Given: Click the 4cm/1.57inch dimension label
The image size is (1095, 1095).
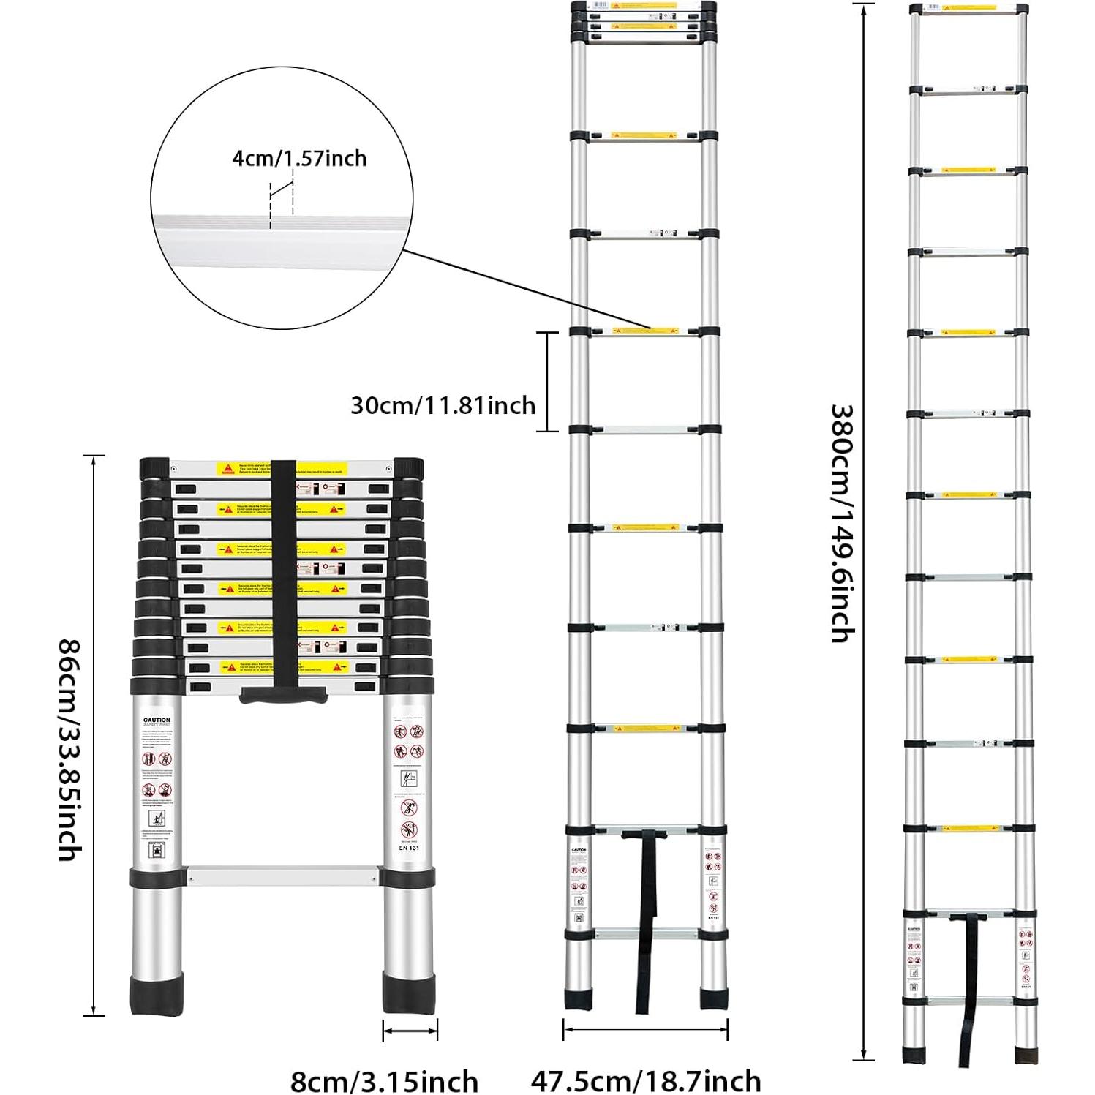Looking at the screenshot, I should coord(299,158).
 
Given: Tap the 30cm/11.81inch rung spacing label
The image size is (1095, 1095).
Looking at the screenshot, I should coord(443,404).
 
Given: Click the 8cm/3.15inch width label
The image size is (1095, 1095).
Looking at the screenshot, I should coord(384,1080).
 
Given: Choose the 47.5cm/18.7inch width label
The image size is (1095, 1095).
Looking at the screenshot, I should coord(645,1080).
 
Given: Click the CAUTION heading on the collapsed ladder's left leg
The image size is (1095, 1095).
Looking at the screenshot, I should coord(156,720).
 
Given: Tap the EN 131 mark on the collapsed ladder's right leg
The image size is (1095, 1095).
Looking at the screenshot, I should coord(408,848).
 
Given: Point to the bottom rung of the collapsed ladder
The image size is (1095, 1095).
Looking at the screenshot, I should coord(283,876).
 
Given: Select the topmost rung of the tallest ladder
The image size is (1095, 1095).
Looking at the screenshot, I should coord(968,10).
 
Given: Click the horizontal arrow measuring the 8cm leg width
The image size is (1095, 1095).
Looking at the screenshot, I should coord(410,1031).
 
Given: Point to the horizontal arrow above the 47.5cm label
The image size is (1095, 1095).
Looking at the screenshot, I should coord(645,1031).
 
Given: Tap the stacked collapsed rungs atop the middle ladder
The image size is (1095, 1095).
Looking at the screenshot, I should coord(641,18).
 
